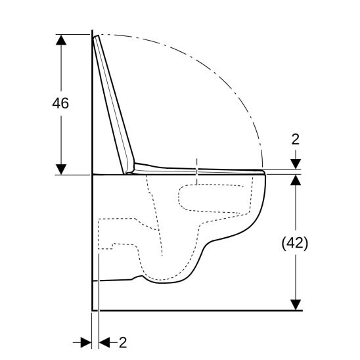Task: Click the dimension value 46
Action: (60, 104)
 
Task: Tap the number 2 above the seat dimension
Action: (295, 139)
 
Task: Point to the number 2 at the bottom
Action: (123, 342)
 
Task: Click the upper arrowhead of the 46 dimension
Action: (61, 40)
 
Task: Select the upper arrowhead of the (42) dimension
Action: (295, 182)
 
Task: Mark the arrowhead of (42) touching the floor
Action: (295, 304)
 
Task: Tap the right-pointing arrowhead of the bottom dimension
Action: (85, 342)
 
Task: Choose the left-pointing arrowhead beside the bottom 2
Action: (105, 342)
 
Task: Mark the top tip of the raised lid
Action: (97, 37)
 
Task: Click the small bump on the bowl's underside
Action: (137, 279)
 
